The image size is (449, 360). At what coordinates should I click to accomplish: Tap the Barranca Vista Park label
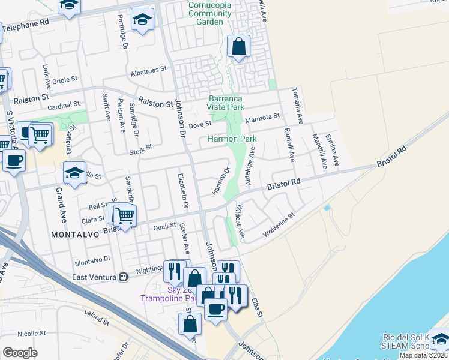click(x=226, y=103)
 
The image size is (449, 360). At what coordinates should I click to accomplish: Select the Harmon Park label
click(x=232, y=139)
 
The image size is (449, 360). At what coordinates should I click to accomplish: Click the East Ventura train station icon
click(x=124, y=277)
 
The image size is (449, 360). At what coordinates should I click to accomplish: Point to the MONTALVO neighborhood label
click(x=74, y=234)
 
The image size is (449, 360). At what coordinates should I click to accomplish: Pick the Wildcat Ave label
click(x=240, y=221)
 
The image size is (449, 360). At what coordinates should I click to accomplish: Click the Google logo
click(x=20, y=353)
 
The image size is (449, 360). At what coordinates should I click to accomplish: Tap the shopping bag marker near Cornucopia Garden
click(x=238, y=46)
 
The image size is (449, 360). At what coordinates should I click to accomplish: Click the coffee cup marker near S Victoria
click(x=14, y=160)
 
